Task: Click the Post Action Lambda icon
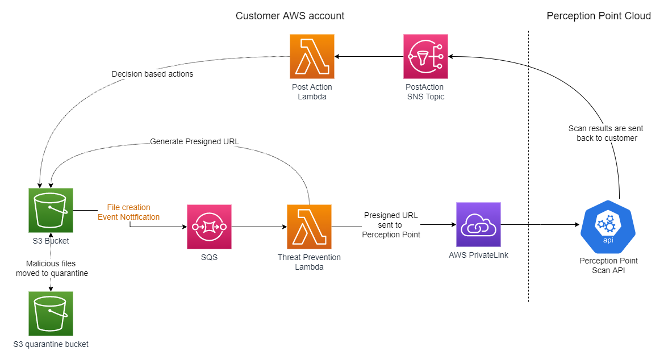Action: [x=312, y=56]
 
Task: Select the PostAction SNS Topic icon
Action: [x=425, y=56]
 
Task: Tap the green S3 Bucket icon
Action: [x=51, y=210]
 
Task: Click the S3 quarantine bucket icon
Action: [x=51, y=313]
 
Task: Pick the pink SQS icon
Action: [x=209, y=227]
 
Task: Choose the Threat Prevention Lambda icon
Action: [x=309, y=227]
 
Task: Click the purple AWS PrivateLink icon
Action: [x=478, y=224]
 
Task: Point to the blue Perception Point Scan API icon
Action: [x=608, y=227]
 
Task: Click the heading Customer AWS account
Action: [x=290, y=16]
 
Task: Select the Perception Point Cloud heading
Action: [x=598, y=16]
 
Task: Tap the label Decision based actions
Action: [x=152, y=74]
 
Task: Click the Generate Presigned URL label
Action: [x=194, y=141]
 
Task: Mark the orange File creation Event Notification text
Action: [x=129, y=212]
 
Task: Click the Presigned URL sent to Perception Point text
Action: [x=391, y=225]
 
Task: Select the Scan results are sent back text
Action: [x=605, y=133]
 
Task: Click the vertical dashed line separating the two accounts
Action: [x=528, y=170]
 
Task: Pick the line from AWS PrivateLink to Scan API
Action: [x=540, y=225]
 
